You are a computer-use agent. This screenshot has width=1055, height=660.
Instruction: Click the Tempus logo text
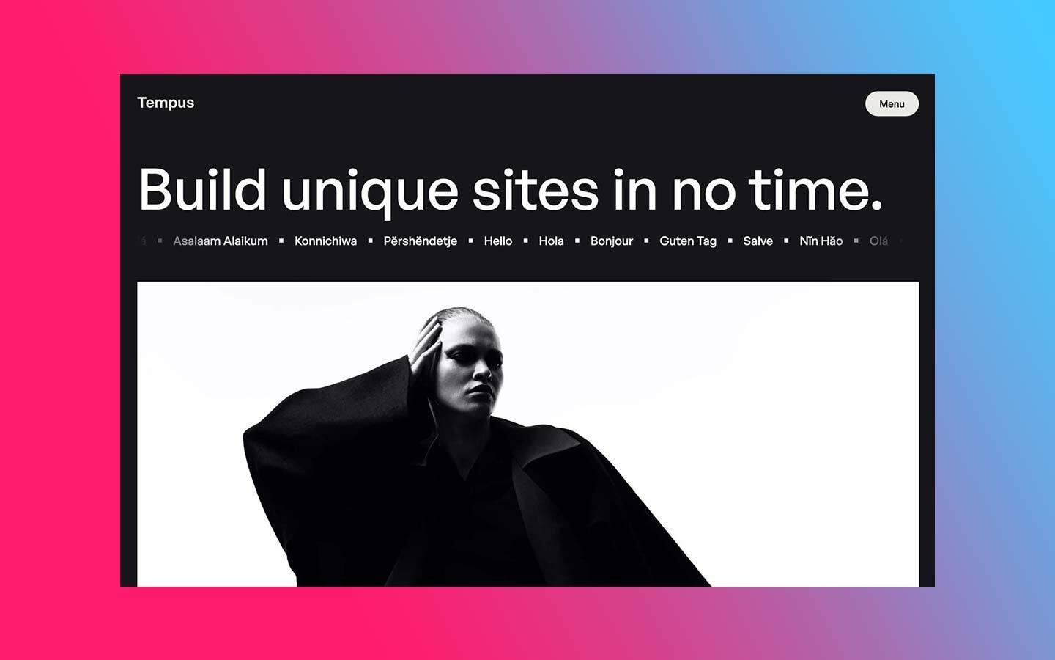[x=166, y=103]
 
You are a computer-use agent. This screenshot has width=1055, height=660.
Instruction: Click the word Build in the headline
[x=202, y=190]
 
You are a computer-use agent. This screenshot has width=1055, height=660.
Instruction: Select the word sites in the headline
[x=535, y=190]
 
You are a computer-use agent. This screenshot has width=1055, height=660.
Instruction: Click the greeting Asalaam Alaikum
[x=221, y=241]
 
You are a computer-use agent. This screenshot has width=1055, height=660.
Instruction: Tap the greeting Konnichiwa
[x=325, y=241]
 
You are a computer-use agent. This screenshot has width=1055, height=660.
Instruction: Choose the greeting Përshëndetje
[x=420, y=241]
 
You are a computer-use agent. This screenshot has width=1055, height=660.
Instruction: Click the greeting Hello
[x=498, y=241]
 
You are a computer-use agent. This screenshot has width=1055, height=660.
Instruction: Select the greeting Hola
[x=551, y=241]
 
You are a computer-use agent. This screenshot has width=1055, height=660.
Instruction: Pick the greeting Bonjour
[x=612, y=241]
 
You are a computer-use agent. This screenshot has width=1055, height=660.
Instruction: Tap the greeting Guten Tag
[x=688, y=241]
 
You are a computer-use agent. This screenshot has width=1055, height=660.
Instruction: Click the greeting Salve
[x=758, y=241]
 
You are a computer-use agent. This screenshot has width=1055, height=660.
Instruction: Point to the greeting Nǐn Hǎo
[x=821, y=241]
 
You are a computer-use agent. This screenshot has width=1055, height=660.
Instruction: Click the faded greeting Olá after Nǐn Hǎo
[x=878, y=241]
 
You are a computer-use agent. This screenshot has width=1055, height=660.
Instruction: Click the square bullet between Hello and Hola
[x=526, y=241]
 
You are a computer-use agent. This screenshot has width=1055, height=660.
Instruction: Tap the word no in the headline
[x=703, y=190]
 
